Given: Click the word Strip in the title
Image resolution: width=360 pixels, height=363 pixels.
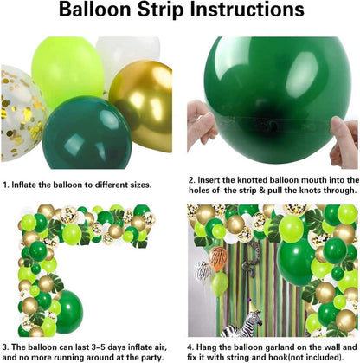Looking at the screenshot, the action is pyautogui.click(x=160, y=10).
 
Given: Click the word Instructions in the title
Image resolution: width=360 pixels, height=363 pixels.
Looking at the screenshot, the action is pyautogui.click(x=247, y=10).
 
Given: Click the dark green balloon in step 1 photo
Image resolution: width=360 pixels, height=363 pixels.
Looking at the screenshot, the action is pyautogui.click(x=87, y=133).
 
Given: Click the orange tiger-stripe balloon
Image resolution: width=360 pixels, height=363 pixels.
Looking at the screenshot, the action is pyautogui.click(x=218, y=258).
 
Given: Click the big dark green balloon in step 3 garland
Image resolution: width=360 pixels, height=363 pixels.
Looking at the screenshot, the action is pyautogui.click(x=68, y=312).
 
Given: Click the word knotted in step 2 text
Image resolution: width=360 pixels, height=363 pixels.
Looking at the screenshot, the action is pyautogui.click(x=253, y=180).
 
